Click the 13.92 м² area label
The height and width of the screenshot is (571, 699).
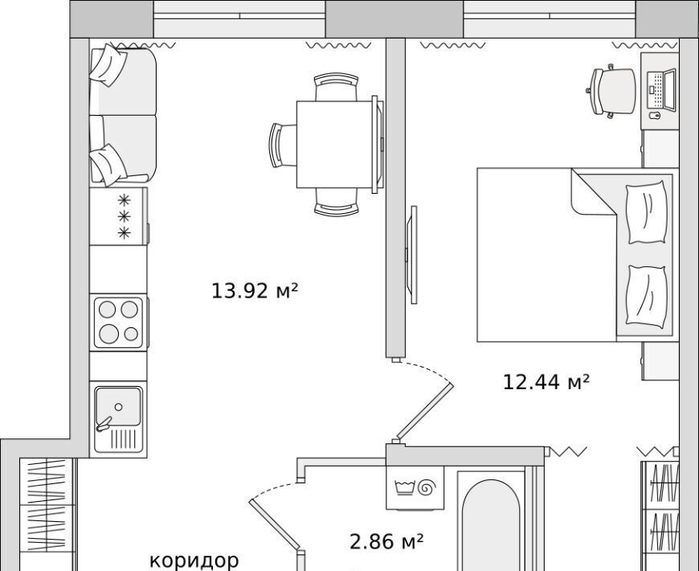point(254,291)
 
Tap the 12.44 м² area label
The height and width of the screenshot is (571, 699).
point(546,382)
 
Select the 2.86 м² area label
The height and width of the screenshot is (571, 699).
point(386,542)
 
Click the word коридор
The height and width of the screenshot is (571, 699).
point(194,561)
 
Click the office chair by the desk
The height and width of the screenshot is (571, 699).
point(611,92)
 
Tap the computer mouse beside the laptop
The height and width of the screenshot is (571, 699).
point(654,116)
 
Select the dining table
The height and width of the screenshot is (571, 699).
point(334,144)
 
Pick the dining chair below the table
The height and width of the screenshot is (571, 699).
point(336,201)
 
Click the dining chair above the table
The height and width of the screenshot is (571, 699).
point(336,87)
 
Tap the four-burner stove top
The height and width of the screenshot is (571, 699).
point(119,322)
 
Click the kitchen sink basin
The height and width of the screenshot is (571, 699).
point(119,407)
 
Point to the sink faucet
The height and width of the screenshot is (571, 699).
point(104,424)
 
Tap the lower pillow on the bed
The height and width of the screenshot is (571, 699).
point(647,295)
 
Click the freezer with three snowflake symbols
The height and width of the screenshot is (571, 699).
point(119,216)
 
